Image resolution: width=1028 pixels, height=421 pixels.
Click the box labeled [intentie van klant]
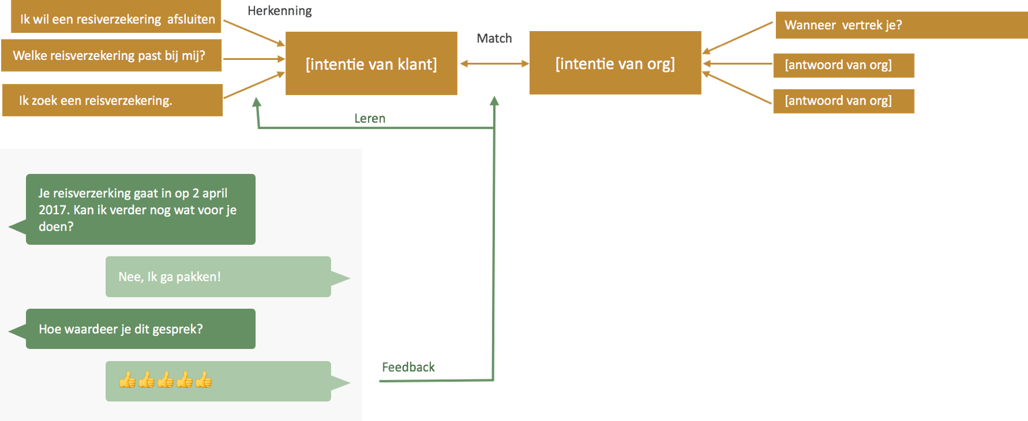click(x=371, y=63)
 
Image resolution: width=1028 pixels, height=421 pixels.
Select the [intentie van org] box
click(x=615, y=63)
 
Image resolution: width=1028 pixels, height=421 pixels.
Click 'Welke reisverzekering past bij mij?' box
click(x=110, y=55)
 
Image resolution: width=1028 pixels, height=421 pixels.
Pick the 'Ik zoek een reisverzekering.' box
click(x=112, y=100)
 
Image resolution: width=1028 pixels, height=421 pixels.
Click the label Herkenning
click(x=280, y=11)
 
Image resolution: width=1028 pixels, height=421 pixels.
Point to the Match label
click(x=494, y=38)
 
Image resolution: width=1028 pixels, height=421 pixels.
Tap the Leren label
click(x=369, y=118)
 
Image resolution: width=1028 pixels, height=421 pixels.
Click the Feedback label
click(x=408, y=367)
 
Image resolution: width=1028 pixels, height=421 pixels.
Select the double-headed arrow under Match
click(x=494, y=63)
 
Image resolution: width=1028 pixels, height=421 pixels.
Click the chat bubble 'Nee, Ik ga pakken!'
click(x=218, y=277)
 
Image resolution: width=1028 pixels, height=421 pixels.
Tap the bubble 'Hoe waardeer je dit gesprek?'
click(x=140, y=329)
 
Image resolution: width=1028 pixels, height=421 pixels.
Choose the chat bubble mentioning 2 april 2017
click(x=140, y=209)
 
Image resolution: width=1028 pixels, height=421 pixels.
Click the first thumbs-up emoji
click(x=128, y=380)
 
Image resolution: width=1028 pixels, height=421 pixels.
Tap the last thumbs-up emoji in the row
click(x=203, y=380)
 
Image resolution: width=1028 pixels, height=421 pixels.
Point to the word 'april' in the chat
click(x=215, y=193)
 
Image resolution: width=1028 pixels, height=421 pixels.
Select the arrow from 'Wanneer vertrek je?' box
click(x=738, y=38)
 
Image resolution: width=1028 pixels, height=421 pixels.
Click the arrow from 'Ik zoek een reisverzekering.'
click(x=253, y=86)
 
